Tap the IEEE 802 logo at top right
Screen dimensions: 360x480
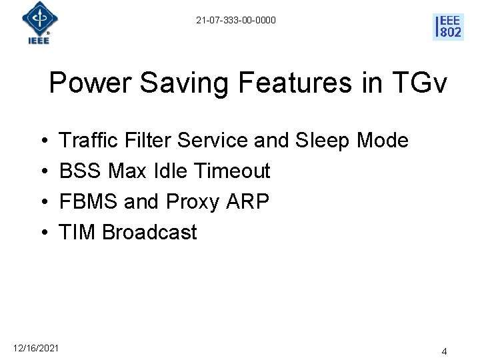(448, 27)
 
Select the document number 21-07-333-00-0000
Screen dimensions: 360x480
(235, 21)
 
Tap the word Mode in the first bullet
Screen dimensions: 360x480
(383, 141)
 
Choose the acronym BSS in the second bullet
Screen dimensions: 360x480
(81, 171)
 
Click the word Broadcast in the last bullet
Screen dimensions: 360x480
(149, 232)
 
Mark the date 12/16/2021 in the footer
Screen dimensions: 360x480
(36, 348)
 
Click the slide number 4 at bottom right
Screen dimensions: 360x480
(444, 351)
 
